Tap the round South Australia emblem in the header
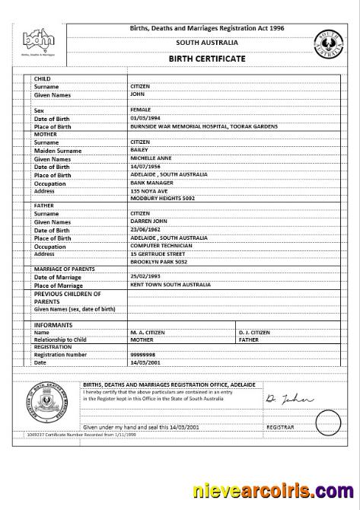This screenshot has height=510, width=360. click(328, 45)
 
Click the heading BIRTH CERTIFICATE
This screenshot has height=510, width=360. click(206, 59)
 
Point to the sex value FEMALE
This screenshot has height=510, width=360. click(141, 110)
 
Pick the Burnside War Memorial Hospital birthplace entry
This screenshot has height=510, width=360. click(203, 126)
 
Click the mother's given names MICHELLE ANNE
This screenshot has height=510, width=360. click(152, 158)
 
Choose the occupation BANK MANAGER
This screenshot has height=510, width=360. click(151, 183)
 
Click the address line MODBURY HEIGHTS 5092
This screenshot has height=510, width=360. click(162, 198)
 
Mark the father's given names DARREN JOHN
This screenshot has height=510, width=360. click(150, 222)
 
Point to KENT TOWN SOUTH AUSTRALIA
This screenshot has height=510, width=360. click(170, 285)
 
